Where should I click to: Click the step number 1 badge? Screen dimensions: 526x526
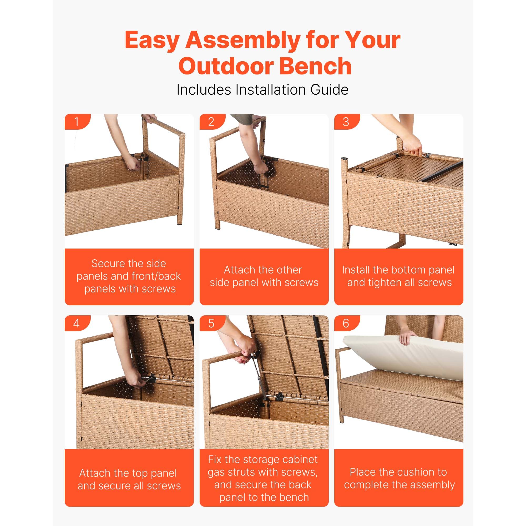click(x=77, y=122)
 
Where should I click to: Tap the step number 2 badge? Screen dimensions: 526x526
click(x=211, y=122)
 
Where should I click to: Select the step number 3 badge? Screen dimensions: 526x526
click(x=346, y=122)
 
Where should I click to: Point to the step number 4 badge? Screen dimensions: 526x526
click(x=77, y=323)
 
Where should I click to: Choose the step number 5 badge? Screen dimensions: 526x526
click(x=211, y=323)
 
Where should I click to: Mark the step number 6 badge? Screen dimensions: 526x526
click(x=346, y=323)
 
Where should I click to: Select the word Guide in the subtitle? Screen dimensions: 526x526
click(x=329, y=90)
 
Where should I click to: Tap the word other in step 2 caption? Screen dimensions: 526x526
click(x=288, y=270)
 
